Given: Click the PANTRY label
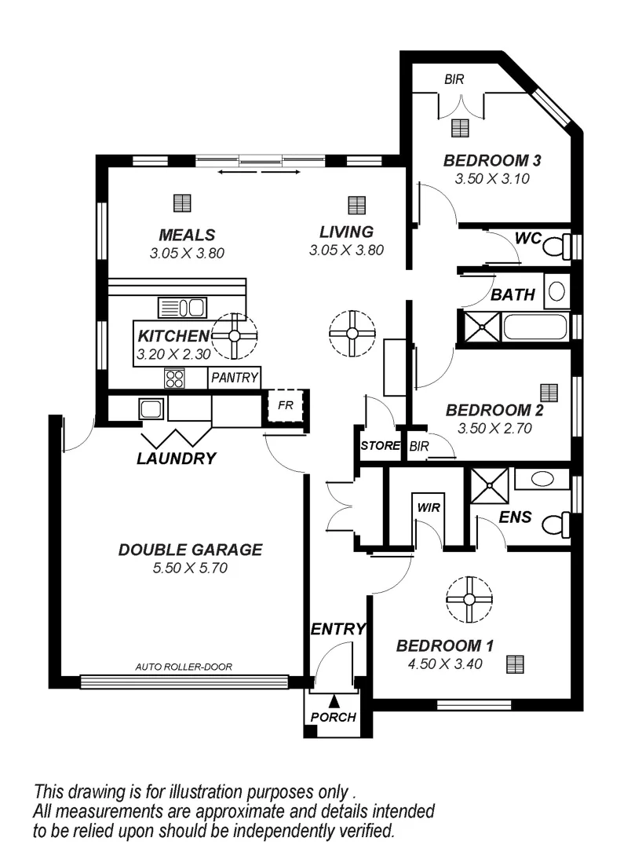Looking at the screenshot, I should tap(235, 378).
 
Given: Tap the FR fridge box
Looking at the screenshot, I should tap(285, 407).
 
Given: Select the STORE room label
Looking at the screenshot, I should tap(380, 446).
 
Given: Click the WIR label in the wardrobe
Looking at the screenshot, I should tap(429, 507).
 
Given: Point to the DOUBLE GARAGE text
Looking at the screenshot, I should tap(190, 550).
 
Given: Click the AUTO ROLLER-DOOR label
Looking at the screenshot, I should tap(184, 667).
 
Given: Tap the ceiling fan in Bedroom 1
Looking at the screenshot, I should tap(469, 599).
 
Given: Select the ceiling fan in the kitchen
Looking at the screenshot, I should tap(235, 335).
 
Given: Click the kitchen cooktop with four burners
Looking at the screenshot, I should tap(174, 378).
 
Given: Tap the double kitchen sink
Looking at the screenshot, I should tap(181, 307).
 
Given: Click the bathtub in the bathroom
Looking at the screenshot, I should tap(535, 326).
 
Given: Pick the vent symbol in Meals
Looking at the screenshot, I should tap(182, 203).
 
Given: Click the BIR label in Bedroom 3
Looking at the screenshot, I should tap(454, 79).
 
